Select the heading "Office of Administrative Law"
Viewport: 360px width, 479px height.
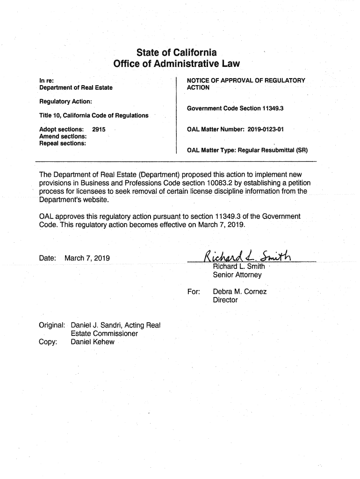176,64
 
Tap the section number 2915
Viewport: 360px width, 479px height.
99,129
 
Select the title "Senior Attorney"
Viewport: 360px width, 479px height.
237,275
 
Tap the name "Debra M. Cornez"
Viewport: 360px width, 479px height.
240,292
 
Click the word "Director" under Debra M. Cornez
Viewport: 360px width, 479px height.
225,300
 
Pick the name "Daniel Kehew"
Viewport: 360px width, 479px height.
92,342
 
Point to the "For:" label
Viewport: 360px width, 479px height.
194,292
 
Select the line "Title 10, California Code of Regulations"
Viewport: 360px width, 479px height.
94,116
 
